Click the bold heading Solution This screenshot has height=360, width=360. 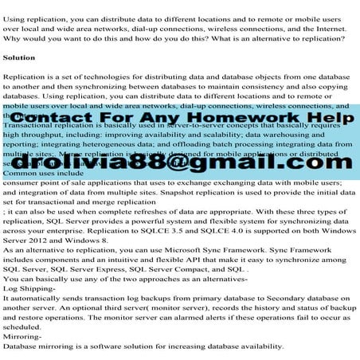coord(20,58)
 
